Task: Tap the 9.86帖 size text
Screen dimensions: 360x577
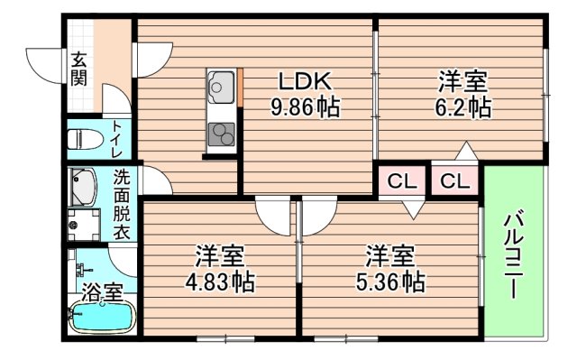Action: pyautogui.click(x=305, y=108)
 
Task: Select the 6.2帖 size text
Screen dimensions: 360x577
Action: pyautogui.click(x=465, y=108)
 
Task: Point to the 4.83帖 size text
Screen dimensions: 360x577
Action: pyautogui.click(x=219, y=282)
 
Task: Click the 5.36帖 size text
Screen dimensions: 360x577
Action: pyautogui.click(x=390, y=282)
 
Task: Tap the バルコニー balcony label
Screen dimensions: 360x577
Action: pyautogui.click(x=514, y=255)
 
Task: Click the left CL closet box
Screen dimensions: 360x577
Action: pyautogui.click(x=402, y=181)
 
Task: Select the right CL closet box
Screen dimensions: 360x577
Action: pyautogui.click(x=455, y=181)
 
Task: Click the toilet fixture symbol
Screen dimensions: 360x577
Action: pyautogui.click(x=86, y=139)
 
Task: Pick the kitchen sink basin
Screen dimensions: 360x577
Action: pyautogui.click(x=219, y=88)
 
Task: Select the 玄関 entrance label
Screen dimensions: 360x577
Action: pyautogui.click(x=79, y=69)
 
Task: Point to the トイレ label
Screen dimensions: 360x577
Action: pyautogui.click(x=119, y=139)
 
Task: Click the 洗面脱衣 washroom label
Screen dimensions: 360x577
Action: pyautogui.click(x=121, y=205)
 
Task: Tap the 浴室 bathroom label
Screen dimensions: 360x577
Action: pyautogui.click(x=101, y=292)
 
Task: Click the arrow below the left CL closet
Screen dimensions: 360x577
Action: pyautogui.click(x=411, y=210)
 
